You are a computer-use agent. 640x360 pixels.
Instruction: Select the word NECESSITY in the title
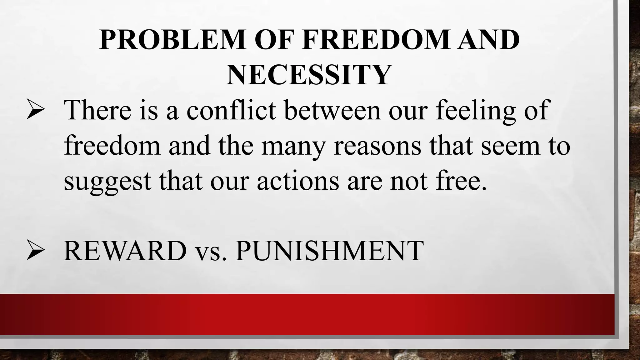[309, 75]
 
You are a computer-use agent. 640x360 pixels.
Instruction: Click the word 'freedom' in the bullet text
[112, 146]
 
